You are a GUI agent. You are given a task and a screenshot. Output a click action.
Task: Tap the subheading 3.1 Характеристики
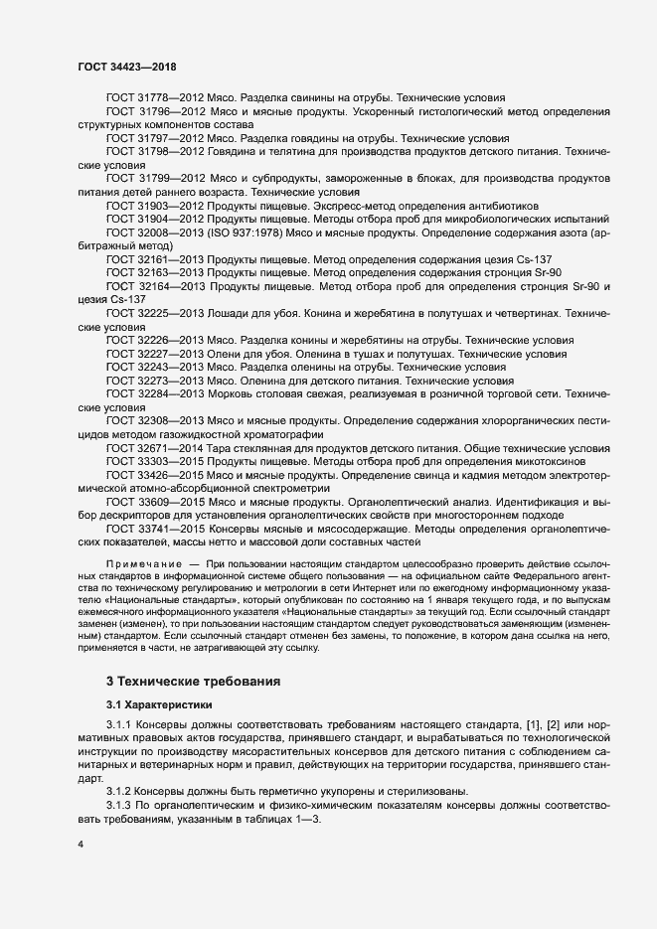pos(165,704)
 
